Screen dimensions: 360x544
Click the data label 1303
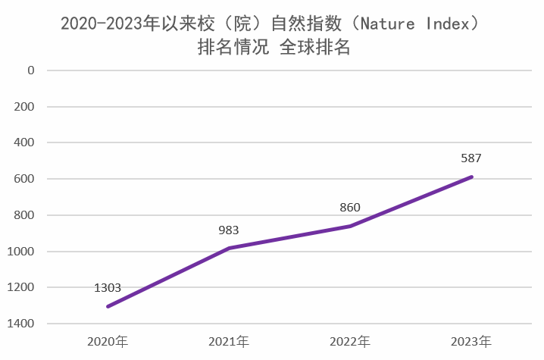coord(108,288)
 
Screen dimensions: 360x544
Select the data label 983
coord(229,230)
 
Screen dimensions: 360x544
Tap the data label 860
coord(350,207)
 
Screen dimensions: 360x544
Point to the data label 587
coord(471,158)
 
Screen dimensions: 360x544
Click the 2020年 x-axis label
coord(108,342)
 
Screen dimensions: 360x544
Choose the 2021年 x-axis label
coord(229,342)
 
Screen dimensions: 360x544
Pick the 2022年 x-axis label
coord(350,342)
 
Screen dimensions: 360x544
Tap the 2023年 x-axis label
coord(471,342)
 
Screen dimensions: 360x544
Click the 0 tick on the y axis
coord(31,70)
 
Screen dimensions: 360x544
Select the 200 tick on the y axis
coord(25,106)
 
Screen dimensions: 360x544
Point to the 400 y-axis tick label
coord(25,142)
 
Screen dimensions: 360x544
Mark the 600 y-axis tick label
coord(25,179)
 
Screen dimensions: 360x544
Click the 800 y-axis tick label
coord(25,215)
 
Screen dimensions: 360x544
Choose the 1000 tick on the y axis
coord(22,251)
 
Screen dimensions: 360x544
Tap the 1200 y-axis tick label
coord(22,287)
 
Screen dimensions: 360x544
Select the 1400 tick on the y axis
coord(22,324)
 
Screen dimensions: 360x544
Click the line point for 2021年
coord(229,248)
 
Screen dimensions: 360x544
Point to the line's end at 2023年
coord(471,177)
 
